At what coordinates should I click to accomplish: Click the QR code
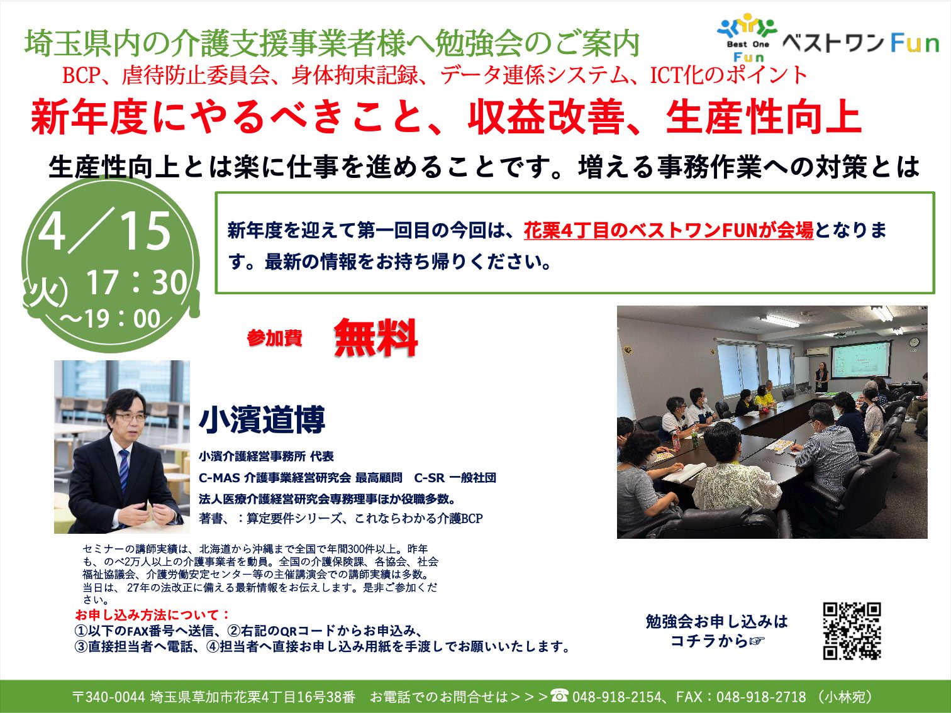pos(852,631)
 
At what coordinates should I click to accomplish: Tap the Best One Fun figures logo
pos(748,37)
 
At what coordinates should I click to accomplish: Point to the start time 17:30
pos(137,283)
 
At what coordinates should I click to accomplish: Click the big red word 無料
pos(375,338)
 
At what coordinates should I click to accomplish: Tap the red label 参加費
pos(275,338)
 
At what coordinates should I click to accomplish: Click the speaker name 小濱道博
pos(262,419)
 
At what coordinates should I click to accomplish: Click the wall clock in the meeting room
pos(914,342)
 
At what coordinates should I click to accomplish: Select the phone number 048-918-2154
pos(616,697)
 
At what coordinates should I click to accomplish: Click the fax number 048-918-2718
pos(761,697)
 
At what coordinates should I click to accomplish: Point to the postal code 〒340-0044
pos(109,697)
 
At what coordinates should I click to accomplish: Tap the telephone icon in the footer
pos(559,695)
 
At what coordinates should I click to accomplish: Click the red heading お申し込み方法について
pos(152,615)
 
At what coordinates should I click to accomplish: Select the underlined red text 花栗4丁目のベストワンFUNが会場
pos(669,230)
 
